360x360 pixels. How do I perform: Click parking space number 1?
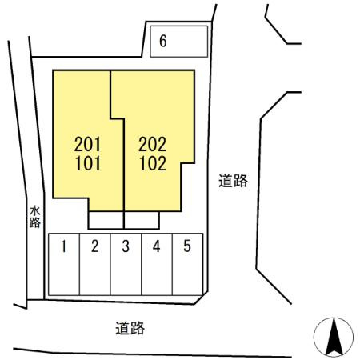(64, 264)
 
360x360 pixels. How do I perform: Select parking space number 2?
(95, 264)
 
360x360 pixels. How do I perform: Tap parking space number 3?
(126, 264)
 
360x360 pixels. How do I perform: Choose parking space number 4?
(157, 264)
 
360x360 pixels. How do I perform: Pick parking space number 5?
(188, 264)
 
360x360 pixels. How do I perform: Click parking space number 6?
(178, 42)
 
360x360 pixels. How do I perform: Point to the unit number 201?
(87, 144)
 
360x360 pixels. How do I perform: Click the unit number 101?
(88, 163)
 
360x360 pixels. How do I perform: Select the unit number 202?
(152, 144)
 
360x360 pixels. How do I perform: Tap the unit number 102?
(153, 163)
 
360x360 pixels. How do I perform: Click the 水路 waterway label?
(35, 217)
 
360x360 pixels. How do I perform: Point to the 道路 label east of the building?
(233, 181)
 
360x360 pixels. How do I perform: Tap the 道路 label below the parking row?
(130, 328)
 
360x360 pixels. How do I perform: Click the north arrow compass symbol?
(334, 337)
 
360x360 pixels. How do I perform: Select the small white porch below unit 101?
(106, 220)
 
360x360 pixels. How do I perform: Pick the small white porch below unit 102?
(142, 220)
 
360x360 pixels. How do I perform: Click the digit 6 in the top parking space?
(163, 41)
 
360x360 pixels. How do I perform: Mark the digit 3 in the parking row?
(126, 246)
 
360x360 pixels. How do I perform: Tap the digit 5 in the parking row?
(187, 246)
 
